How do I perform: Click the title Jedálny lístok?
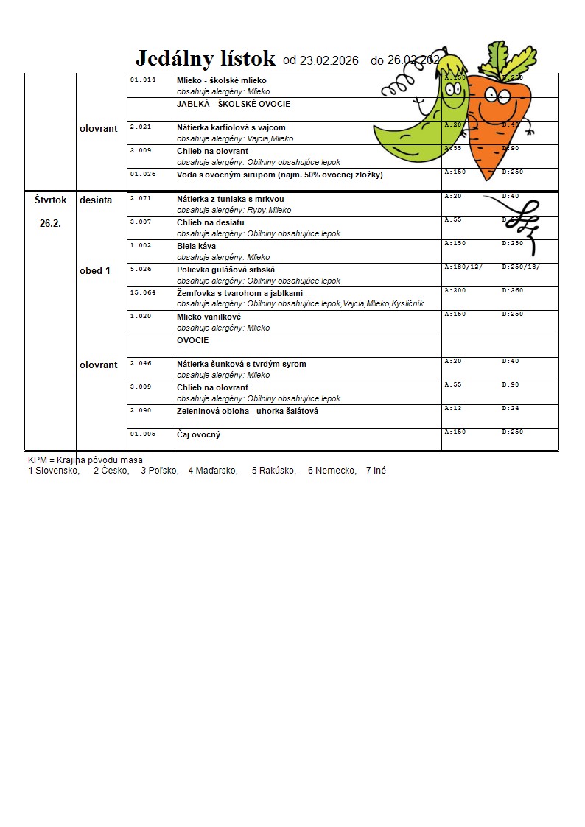click(x=206, y=59)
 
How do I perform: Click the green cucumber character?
click(x=420, y=118)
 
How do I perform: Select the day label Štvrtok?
click(x=50, y=200)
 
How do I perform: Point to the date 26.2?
click(x=50, y=223)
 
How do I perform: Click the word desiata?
click(x=96, y=200)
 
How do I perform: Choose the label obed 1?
click(x=95, y=270)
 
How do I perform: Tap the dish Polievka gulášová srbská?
click(x=225, y=270)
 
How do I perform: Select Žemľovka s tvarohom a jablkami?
click(x=239, y=293)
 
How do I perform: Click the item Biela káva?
click(x=196, y=246)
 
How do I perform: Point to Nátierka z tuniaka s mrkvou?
click(x=230, y=199)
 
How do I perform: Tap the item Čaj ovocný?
click(x=198, y=434)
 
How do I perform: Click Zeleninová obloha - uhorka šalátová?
click(x=248, y=411)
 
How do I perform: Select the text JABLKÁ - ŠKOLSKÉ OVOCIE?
click(x=234, y=104)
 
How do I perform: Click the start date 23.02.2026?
click(x=320, y=60)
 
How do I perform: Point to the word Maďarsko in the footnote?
click(x=213, y=471)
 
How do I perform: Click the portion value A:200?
click(x=455, y=290)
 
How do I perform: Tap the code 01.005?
click(x=143, y=434)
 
